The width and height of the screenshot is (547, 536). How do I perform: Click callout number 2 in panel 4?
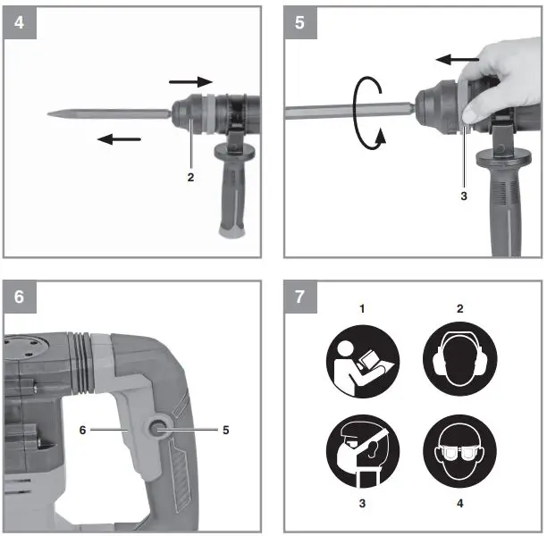tap(190, 177)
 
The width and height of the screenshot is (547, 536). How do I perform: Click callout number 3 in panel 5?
tap(462, 195)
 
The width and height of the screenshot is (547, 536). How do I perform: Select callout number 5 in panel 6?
tap(226, 430)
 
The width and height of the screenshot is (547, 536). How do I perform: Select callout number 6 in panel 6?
tap(83, 430)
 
